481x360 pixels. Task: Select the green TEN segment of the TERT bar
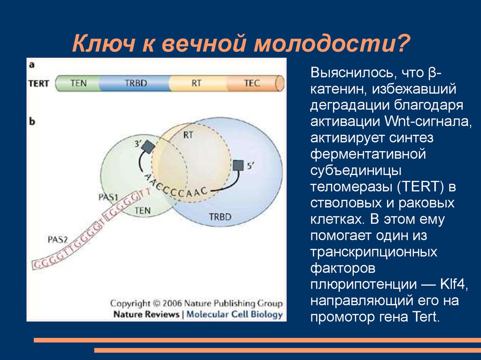(x=78, y=84)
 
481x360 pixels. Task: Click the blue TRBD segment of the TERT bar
(x=135, y=84)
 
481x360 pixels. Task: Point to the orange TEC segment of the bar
(x=252, y=84)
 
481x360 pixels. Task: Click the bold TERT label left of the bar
(x=39, y=84)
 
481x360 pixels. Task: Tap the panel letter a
(x=31, y=65)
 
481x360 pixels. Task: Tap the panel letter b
(x=32, y=122)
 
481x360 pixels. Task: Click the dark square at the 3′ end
(x=148, y=146)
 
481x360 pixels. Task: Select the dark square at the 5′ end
(x=238, y=166)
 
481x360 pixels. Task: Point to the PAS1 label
(x=109, y=197)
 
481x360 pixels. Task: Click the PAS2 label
(x=58, y=239)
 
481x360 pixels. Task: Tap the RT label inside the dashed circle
(x=188, y=135)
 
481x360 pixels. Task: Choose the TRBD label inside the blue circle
(x=220, y=217)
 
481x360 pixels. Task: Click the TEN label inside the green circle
(x=143, y=210)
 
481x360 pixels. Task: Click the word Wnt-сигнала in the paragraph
(x=427, y=122)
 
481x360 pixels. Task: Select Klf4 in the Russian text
(x=453, y=284)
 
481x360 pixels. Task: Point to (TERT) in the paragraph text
(x=420, y=187)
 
